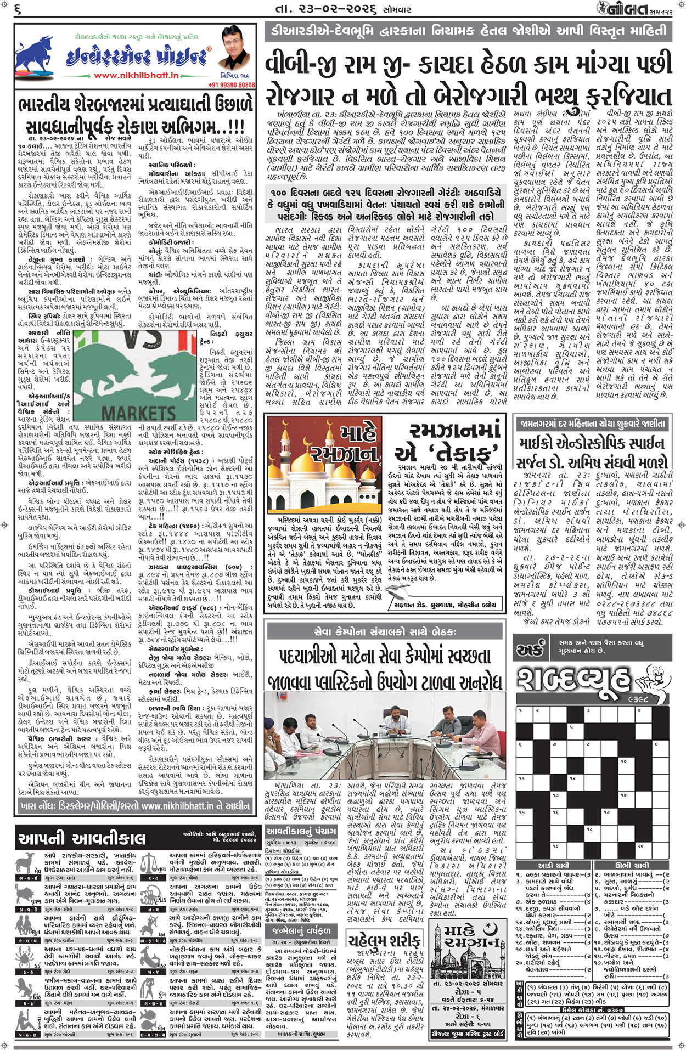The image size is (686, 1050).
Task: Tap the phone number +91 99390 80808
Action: tap(232, 85)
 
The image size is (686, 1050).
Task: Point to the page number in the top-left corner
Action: tap(18, 9)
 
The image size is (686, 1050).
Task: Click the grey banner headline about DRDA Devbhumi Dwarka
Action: tap(468, 32)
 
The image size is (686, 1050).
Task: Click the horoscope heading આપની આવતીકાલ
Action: tap(82, 839)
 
